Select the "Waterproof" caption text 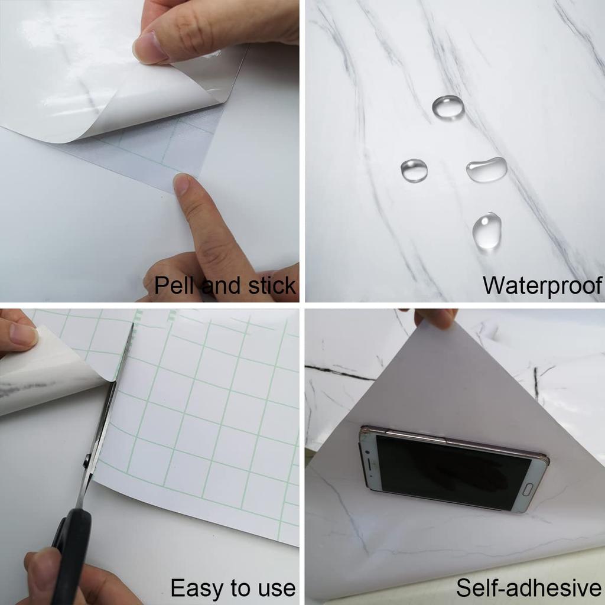coord(541,286)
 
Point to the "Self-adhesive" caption coord(528,588)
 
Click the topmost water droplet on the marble coord(448,107)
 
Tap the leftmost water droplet coord(414,170)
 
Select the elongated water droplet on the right coord(487,170)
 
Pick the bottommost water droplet coord(487,230)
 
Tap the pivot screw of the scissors coord(87,461)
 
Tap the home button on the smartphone coord(528,490)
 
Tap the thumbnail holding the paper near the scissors coord(24,335)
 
